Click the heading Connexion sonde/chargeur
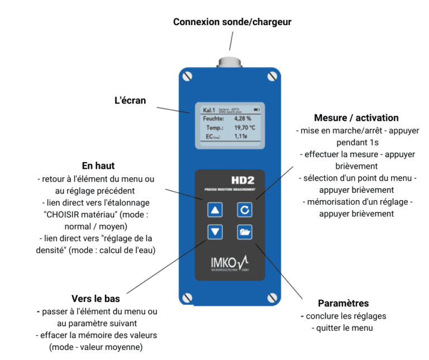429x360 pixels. [x=232, y=22]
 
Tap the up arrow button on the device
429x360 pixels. [x=216, y=210]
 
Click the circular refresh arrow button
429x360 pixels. [x=245, y=210]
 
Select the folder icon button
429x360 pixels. [x=245, y=231]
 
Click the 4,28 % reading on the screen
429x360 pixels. [x=242, y=119]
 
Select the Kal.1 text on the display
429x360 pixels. [x=210, y=110]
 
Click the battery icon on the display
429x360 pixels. [x=257, y=109]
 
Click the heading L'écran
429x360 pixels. [x=130, y=101]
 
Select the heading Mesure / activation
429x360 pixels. [x=356, y=118]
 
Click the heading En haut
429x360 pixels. [x=99, y=166]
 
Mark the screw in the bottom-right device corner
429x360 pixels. [x=273, y=297]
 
